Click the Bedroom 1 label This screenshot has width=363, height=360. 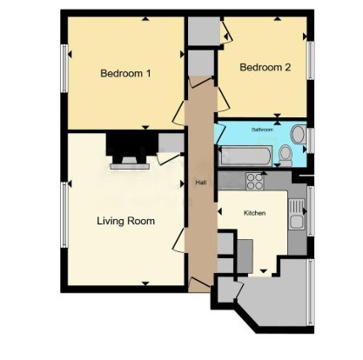point(125,74)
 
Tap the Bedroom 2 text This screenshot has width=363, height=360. point(265,67)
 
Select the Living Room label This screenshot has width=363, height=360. point(125,221)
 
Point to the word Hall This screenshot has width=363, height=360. point(200,183)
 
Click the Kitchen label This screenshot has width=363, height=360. point(254,213)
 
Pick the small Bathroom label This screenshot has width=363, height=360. point(262,130)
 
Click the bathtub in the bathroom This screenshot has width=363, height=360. point(245,156)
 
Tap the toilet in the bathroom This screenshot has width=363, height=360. point(285,153)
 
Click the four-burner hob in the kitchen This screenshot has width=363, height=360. point(256,182)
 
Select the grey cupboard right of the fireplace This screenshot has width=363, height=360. point(171,142)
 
